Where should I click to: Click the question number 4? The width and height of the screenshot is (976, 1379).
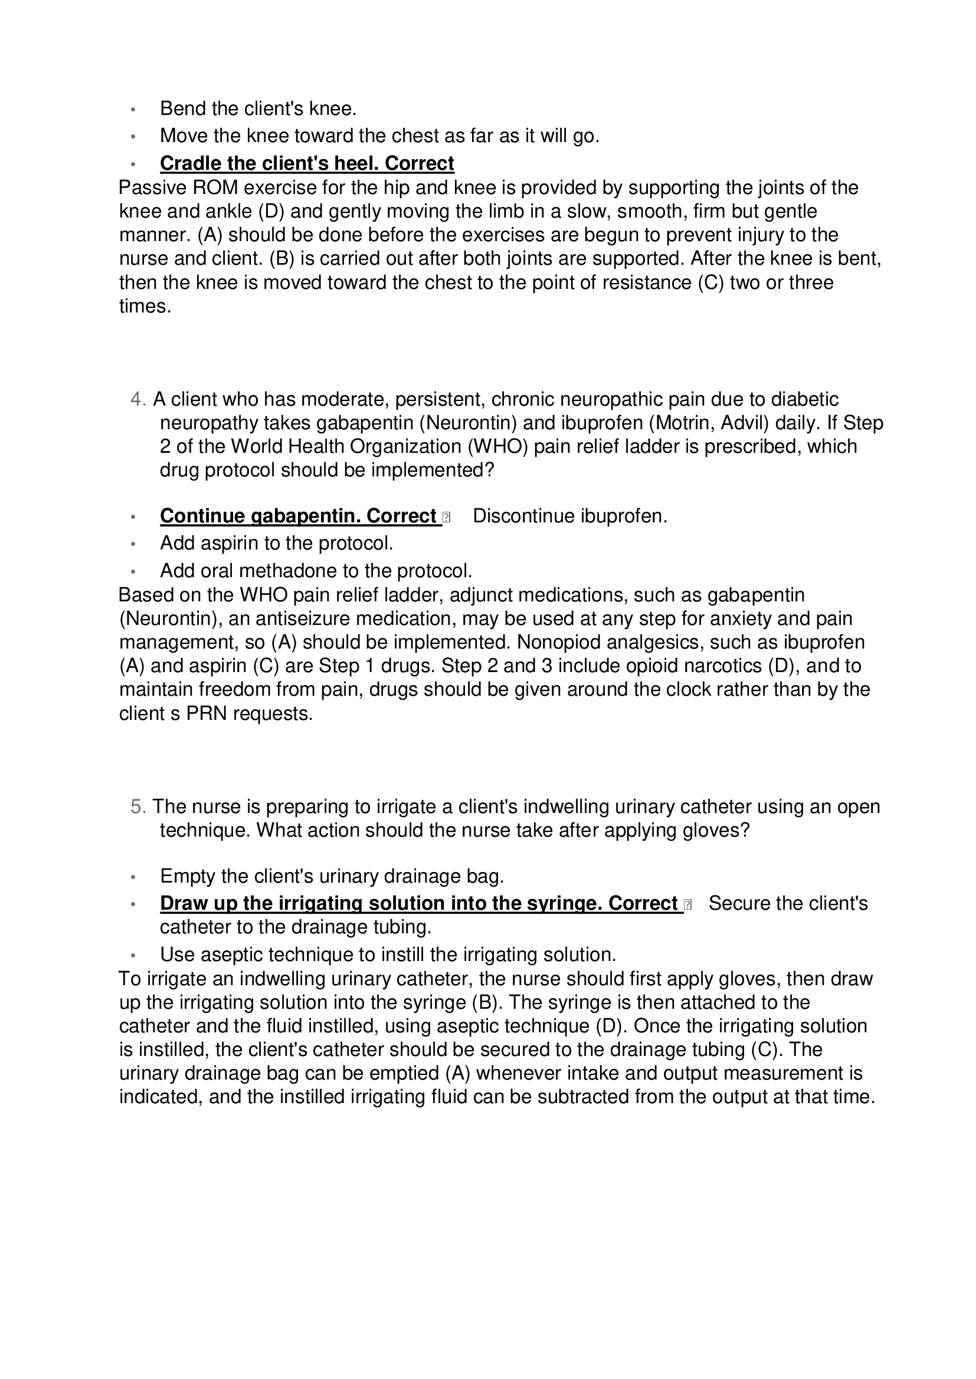pos(137,399)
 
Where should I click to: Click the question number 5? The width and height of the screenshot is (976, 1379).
pos(137,807)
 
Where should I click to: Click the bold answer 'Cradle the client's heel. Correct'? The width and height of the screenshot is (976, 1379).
pos(306,163)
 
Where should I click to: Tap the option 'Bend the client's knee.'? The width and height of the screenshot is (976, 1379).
pos(258,108)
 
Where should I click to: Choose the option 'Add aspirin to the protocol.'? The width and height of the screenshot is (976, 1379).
pos(276,543)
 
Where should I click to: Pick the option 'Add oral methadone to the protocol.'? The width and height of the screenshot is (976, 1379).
pos(316,570)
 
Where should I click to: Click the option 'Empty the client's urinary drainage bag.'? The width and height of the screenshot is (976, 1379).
pos(332,876)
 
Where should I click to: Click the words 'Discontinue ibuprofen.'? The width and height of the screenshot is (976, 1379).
pos(570,516)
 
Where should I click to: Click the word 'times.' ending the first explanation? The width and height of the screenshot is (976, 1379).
pos(145,307)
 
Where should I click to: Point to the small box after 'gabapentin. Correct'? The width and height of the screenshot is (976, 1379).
pos(446,516)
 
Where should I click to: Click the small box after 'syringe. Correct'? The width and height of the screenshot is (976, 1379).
pos(687,904)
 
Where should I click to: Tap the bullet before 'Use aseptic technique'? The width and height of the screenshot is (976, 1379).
pos(133,955)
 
